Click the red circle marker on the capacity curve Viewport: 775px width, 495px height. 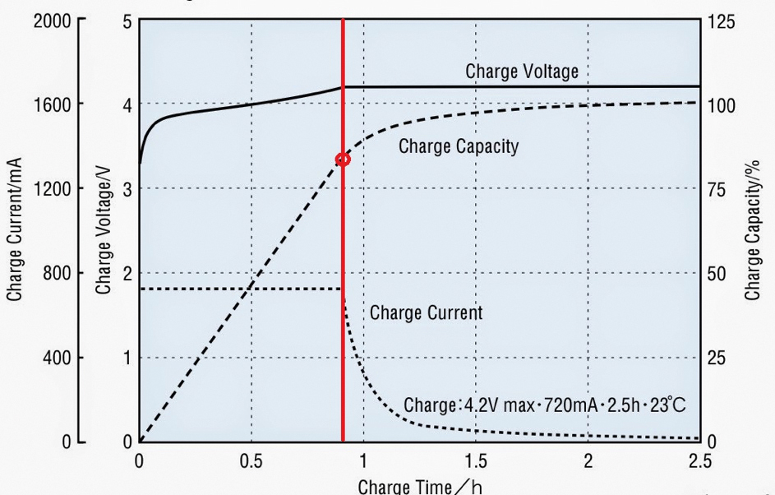(343, 160)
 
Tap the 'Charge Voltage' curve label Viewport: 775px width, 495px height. (522, 72)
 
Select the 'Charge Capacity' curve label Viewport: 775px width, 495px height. (459, 147)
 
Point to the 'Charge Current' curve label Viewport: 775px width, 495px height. (426, 312)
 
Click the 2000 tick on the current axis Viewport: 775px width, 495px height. (52, 21)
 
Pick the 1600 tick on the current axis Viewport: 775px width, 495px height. (52, 104)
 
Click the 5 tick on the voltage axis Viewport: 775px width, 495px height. (127, 21)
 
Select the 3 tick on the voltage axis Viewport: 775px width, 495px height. (127, 189)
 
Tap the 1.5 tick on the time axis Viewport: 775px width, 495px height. (475, 460)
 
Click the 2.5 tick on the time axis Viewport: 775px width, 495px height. (699, 460)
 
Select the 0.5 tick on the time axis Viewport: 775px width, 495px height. (251, 460)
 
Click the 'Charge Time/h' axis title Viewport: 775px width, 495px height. (420, 485)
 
